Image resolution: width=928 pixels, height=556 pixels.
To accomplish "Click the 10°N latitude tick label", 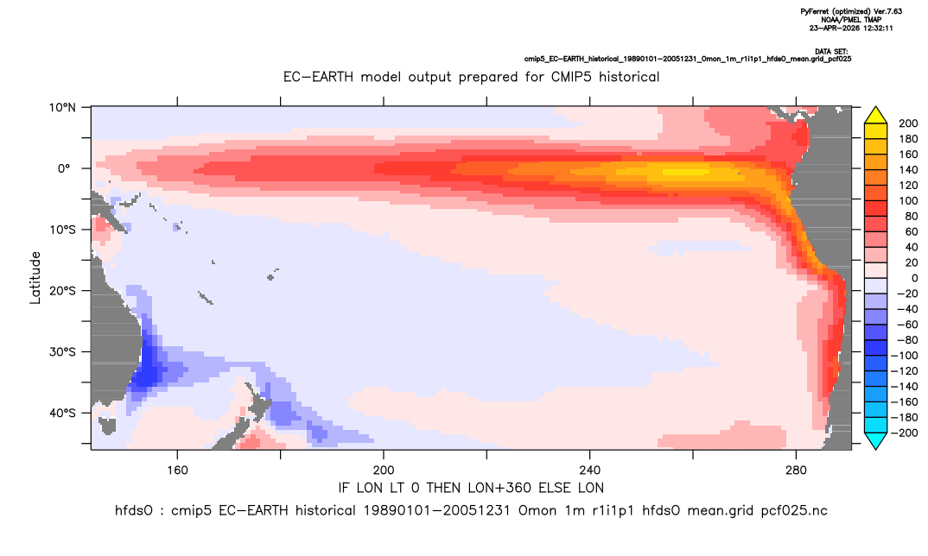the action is (x=62, y=108).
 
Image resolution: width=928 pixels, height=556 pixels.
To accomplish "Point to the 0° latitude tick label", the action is (x=65, y=168).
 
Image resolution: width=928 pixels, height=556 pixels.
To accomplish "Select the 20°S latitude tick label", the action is (x=62, y=290).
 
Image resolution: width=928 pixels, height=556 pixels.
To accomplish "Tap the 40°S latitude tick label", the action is (x=62, y=413).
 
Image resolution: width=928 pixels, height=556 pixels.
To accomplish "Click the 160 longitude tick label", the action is (x=177, y=471).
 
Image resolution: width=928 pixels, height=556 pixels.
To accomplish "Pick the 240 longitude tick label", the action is (x=590, y=471).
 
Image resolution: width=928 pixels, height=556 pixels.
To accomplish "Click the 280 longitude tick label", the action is (x=796, y=471).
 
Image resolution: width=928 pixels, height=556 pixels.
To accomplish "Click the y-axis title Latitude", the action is (x=35, y=278).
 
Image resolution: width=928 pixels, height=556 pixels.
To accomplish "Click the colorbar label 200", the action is (x=908, y=123).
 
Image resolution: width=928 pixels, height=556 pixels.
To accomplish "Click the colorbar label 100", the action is (x=908, y=200).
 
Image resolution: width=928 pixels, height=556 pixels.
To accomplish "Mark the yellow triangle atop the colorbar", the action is (x=875, y=116).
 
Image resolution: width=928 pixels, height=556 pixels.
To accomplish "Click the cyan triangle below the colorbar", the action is (x=875, y=440).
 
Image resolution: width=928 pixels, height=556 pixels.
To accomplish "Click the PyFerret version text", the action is (x=851, y=11).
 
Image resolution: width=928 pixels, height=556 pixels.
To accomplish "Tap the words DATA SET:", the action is (x=831, y=52).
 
